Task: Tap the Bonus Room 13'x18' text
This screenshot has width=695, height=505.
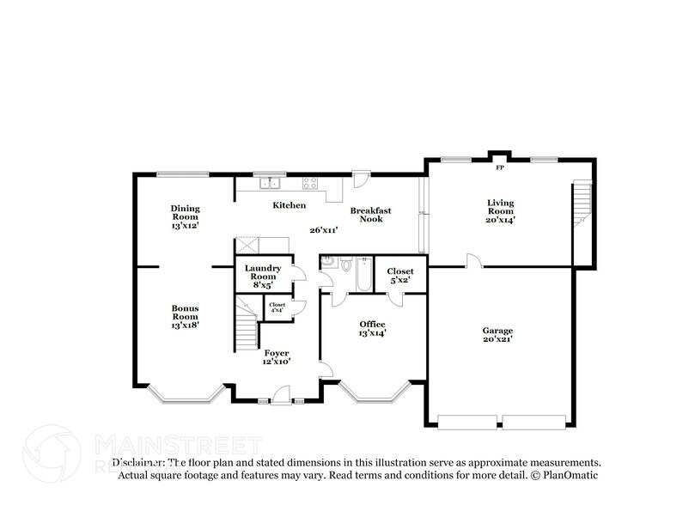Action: pyautogui.click(x=185, y=316)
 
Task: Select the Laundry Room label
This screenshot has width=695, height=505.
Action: pyautogui.click(x=263, y=272)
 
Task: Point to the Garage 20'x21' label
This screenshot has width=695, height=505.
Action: pyautogui.click(x=497, y=334)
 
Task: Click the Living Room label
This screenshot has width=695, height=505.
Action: pyautogui.click(x=499, y=210)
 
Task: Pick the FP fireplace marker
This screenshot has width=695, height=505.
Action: pyautogui.click(x=499, y=155)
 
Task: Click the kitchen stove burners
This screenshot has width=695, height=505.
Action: pyautogui.click(x=309, y=182)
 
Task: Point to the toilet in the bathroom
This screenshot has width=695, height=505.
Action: pyautogui.click(x=344, y=265)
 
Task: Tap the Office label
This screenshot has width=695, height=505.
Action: pyautogui.click(x=372, y=328)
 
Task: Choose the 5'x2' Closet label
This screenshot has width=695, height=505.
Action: pyautogui.click(x=400, y=275)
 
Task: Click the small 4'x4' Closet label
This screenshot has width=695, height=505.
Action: pyautogui.click(x=277, y=307)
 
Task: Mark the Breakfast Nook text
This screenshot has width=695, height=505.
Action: pyautogui.click(x=370, y=215)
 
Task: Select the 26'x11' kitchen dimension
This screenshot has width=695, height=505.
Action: pyautogui.click(x=324, y=229)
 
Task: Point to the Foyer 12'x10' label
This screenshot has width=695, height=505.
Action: pyautogui.click(x=276, y=357)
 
